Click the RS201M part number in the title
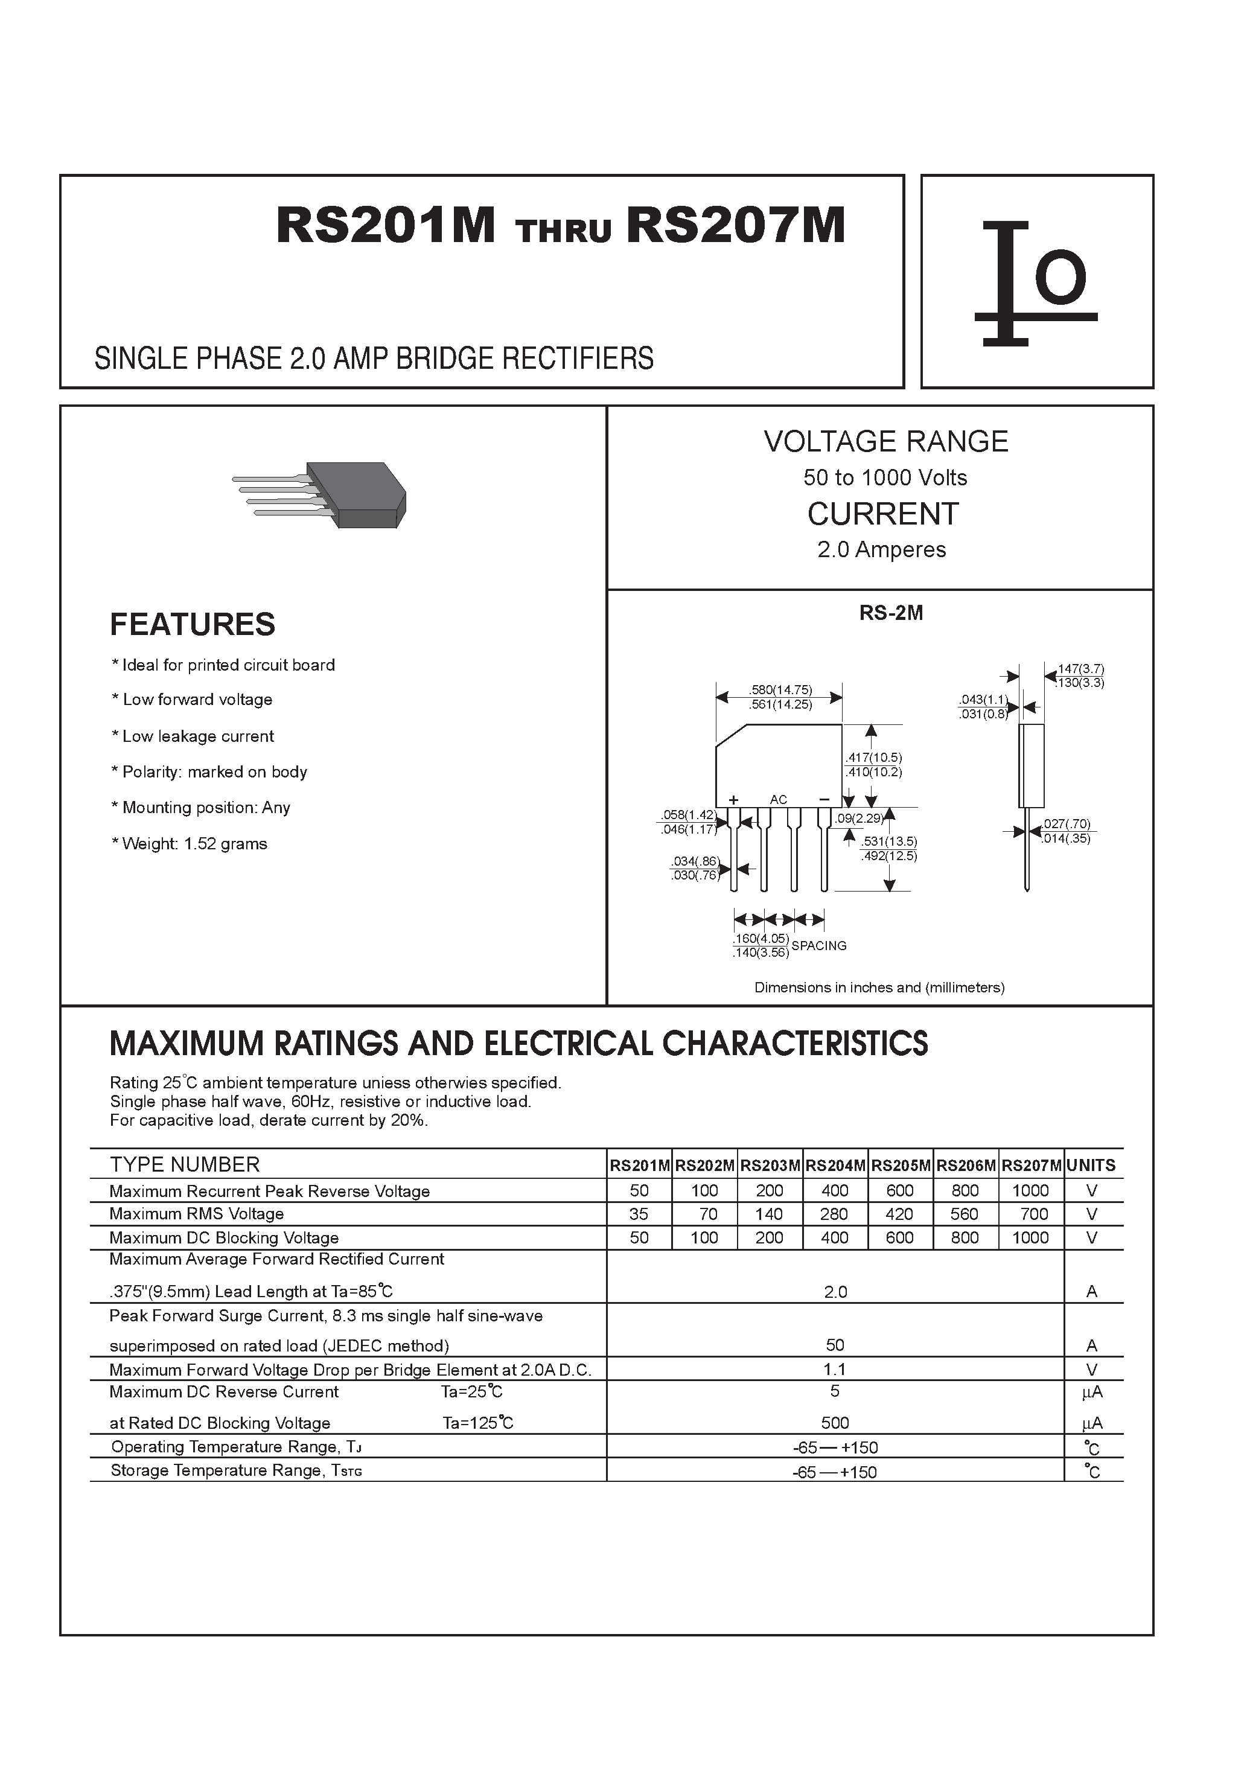tap(385, 226)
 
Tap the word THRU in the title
tap(564, 231)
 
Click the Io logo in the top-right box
tap(1035, 282)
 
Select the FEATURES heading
tap(192, 624)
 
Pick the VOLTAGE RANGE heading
tap(885, 441)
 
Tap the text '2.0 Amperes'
tap(881, 550)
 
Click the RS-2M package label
tap(891, 613)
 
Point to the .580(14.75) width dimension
tap(780, 689)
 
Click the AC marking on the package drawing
tap(778, 799)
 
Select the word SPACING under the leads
tap(819, 945)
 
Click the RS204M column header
tap(835, 1166)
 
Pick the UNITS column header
tap(1091, 1166)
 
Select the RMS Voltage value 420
tap(899, 1214)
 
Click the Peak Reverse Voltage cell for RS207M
tap(1030, 1191)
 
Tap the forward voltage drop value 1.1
tap(835, 1369)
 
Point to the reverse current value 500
tap(835, 1422)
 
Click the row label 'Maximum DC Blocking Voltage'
tap(224, 1237)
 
